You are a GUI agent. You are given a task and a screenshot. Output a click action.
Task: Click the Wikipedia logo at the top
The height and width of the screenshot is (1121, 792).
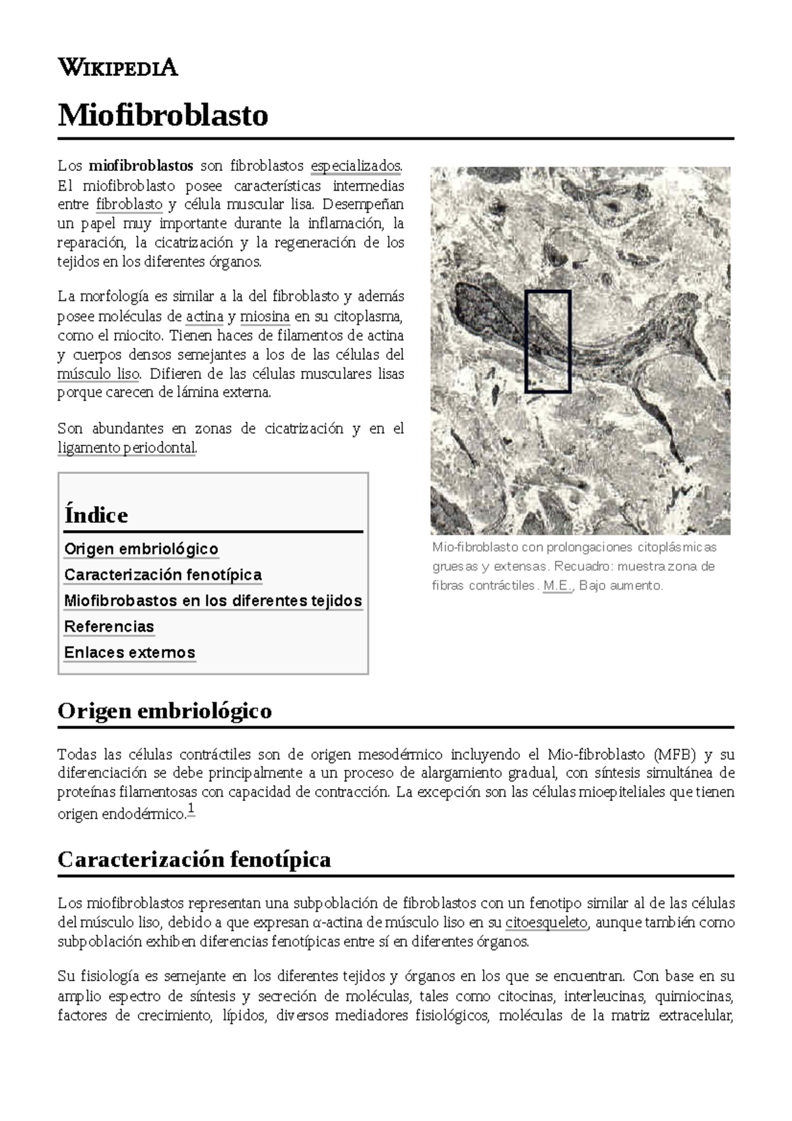point(117,67)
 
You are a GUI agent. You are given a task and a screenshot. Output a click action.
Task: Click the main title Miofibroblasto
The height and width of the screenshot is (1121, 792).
point(163,116)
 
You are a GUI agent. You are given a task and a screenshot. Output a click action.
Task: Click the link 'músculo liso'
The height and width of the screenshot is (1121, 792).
point(99,374)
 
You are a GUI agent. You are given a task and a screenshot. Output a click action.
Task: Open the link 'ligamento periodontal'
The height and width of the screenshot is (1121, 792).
point(127,448)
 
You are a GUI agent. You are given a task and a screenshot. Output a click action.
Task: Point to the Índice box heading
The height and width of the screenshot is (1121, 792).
point(96,516)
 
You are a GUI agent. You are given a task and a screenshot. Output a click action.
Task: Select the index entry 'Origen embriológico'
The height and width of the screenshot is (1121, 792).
point(141,549)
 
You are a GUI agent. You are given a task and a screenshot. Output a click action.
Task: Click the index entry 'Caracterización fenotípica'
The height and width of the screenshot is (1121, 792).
point(163,575)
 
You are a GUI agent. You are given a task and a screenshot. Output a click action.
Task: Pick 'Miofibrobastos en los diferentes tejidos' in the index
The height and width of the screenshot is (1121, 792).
point(213,601)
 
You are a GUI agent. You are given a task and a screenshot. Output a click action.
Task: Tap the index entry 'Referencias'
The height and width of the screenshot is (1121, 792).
point(109,627)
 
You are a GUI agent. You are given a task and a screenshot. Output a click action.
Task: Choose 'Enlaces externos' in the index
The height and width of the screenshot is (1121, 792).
point(129,652)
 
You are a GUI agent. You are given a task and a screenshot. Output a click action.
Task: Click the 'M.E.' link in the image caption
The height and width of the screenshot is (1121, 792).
point(558,586)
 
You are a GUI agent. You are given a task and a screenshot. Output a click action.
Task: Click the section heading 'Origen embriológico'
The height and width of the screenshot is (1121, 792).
point(164,711)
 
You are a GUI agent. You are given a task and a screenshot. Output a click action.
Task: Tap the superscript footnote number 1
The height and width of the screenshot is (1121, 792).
point(191,809)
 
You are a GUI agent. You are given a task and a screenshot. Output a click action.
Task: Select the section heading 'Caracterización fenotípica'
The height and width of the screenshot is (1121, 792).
point(194,860)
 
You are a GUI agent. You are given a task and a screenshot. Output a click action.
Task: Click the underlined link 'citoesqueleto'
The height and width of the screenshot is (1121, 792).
point(546,922)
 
